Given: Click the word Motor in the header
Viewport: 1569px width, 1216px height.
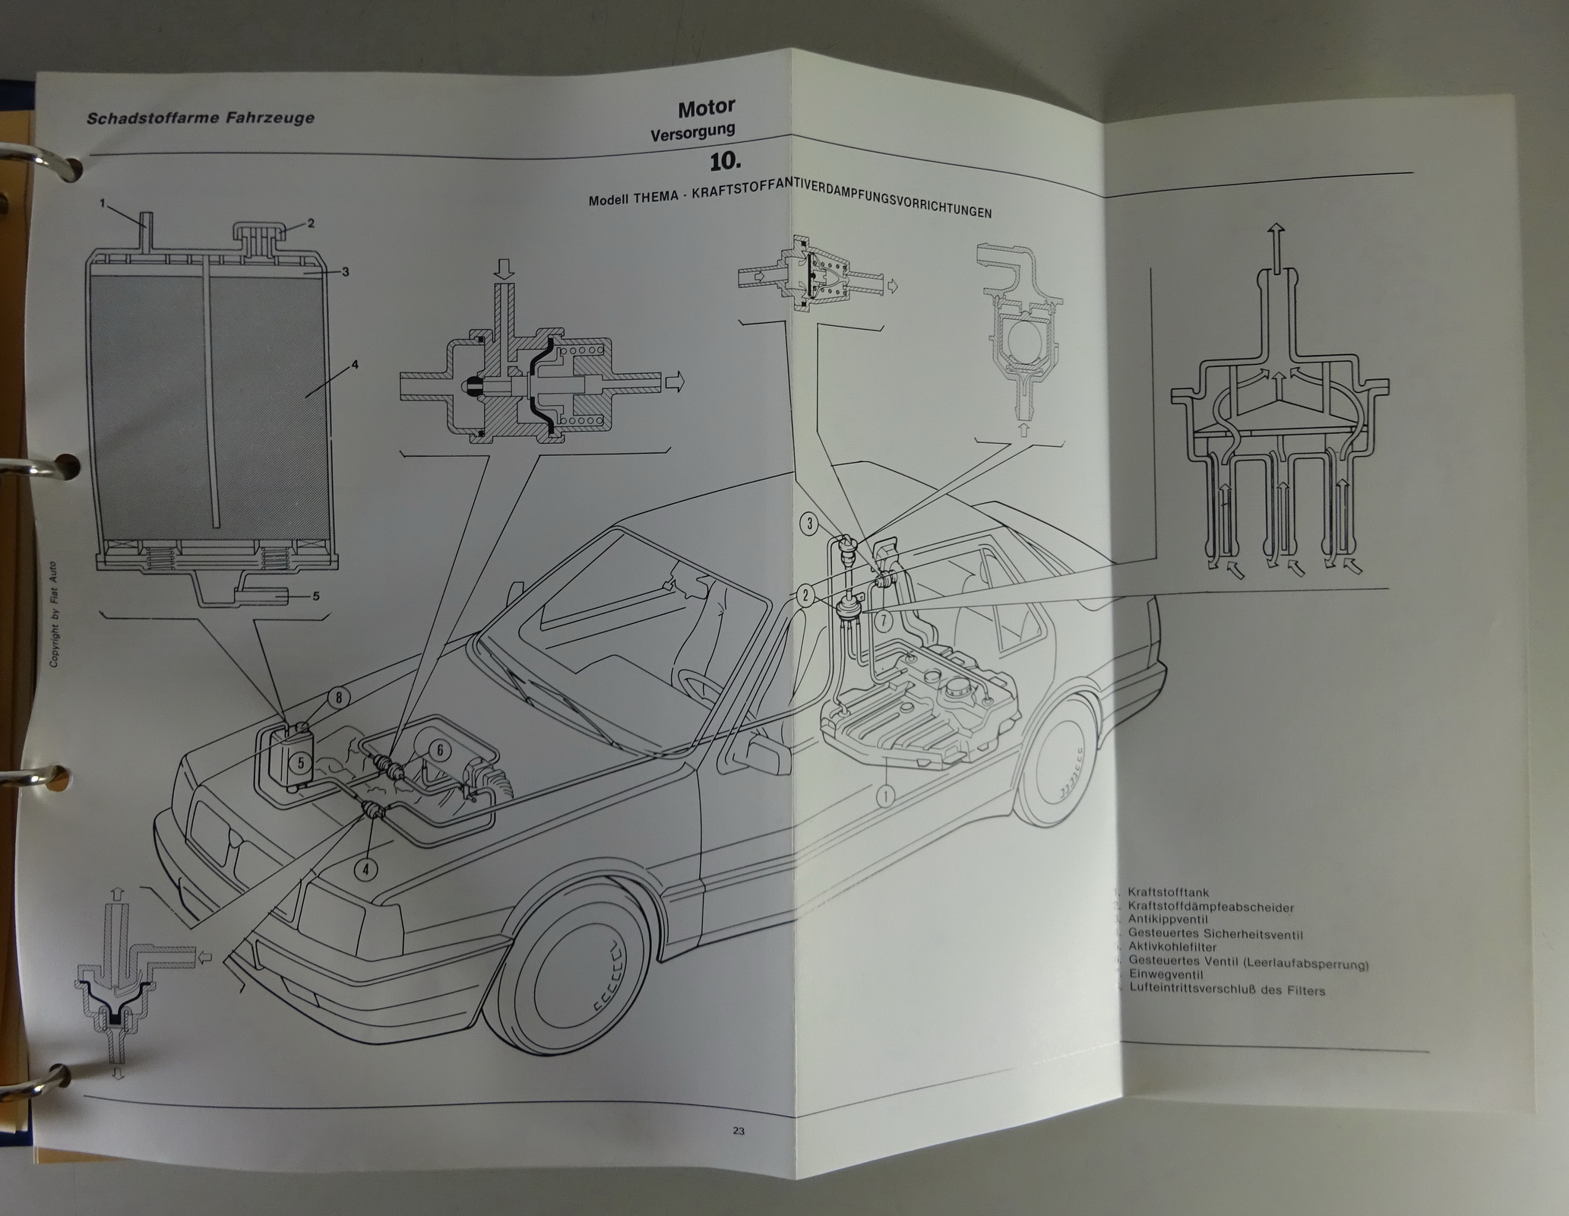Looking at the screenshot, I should click(x=706, y=109).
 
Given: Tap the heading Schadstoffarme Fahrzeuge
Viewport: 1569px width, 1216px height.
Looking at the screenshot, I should click(x=201, y=118).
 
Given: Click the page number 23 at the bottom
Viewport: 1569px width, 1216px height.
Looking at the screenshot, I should click(x=738, y=1130).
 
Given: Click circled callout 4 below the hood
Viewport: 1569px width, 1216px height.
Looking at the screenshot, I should click(x=366, y=869).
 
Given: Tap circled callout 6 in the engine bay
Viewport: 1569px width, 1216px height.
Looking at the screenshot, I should click(x=438, y=749).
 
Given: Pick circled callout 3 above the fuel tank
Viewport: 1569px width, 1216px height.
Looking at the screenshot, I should click(x=811, y=523).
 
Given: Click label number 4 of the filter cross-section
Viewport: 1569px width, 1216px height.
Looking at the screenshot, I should click(x=354, y=364).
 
